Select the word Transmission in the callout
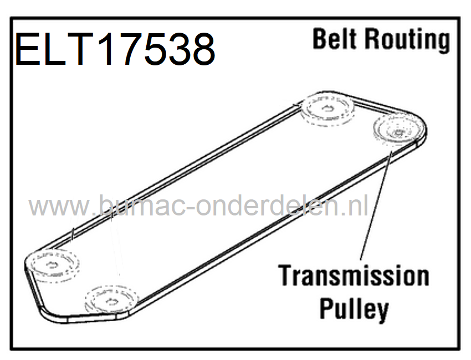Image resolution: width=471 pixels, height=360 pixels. click(x=353, y=276)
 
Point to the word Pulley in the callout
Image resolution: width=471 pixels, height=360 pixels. click(x=354, y=308)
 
